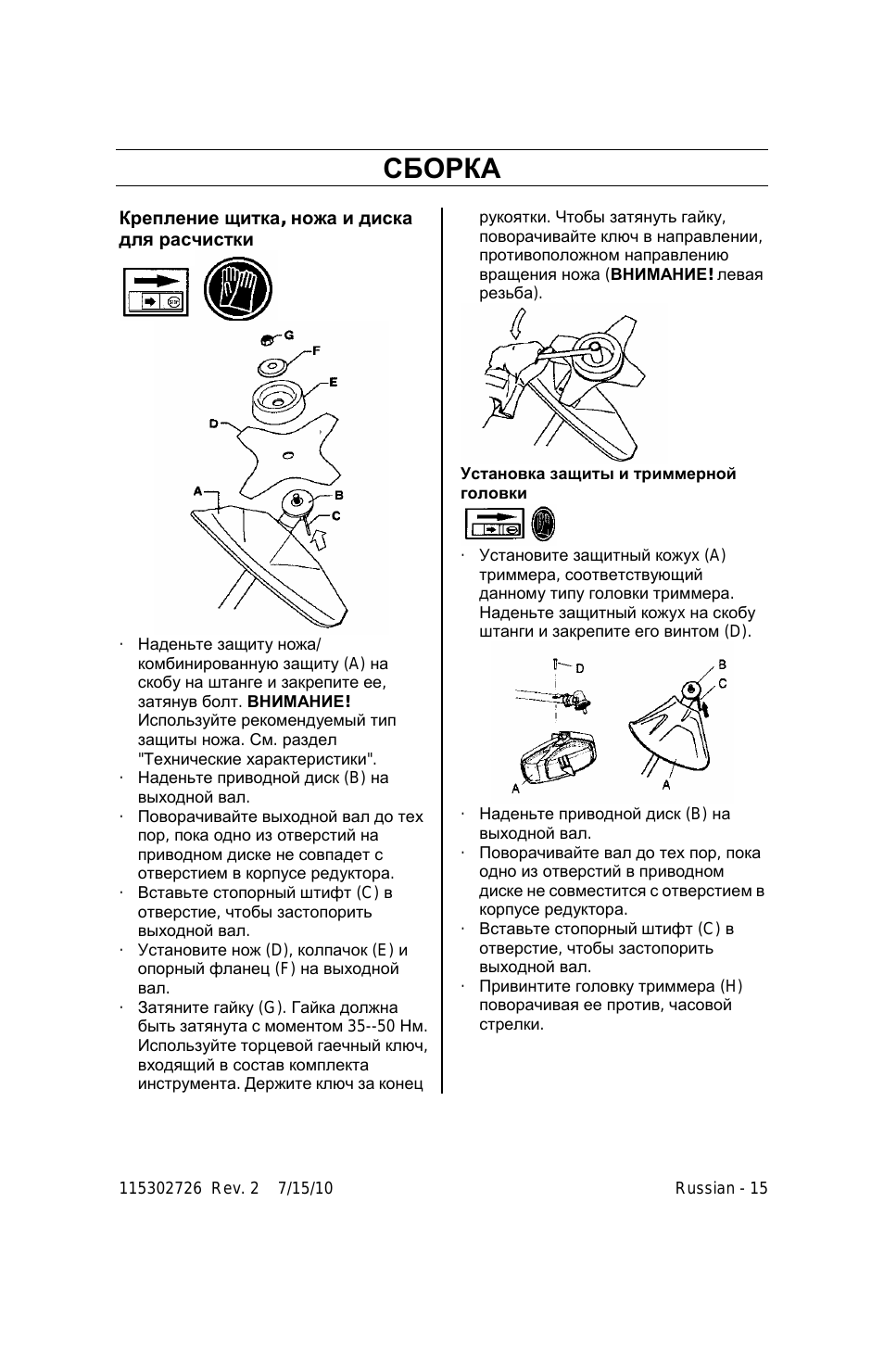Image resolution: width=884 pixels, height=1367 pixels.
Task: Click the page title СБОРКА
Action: (x=442, y=169)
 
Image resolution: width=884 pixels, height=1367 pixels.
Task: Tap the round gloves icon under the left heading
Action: (x=238, y=289)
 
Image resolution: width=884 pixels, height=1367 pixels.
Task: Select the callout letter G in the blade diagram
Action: (x=288, y=335)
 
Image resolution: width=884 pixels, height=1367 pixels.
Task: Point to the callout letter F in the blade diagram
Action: (x=316, y=350)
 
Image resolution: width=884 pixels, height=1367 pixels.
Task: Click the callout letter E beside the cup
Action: (x=333, y=383)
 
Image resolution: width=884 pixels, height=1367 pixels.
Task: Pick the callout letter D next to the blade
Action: (x=213, y=423)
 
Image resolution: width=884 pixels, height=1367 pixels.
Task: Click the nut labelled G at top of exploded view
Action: (x=267, y=338)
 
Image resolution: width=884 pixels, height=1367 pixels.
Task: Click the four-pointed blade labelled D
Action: (x=286, y=455)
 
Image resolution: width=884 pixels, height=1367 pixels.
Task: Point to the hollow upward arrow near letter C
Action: (x=318, y=538)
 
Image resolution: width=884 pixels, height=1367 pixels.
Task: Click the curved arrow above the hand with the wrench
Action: (x=517, y=323)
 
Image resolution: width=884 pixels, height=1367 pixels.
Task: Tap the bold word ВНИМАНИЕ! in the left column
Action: (x=299, y=702)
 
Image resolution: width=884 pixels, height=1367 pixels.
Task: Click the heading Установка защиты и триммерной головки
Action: (x=598, y=484)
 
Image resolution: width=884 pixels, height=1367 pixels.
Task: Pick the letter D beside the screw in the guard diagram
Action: (x=579, y=668)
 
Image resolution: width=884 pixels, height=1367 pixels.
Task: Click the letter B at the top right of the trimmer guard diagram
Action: (x=723, y=665)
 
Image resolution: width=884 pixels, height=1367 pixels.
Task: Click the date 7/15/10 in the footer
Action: (x=305, y=1188)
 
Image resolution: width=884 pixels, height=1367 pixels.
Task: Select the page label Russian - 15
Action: (x=721, y=1188)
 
